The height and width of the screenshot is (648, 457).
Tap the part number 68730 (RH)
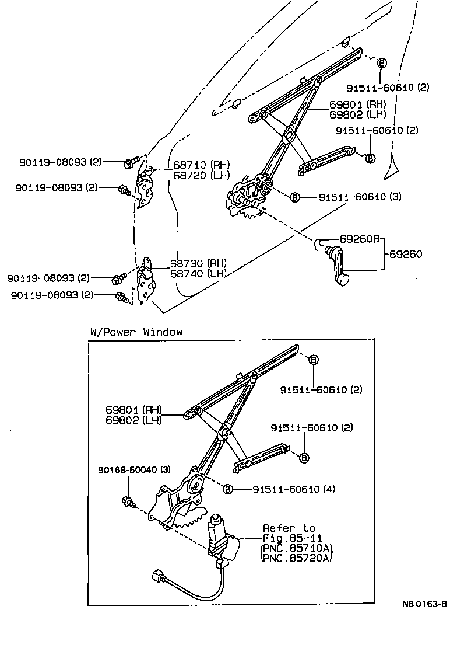(x=199, y=263)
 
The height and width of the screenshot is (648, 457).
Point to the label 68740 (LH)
(x=199, y=273)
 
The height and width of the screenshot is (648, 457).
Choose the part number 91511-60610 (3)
(x=360, y=197)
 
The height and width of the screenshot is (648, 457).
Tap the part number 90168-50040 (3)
(x=134, y=470)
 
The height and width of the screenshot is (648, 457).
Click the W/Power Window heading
(x=136, y=332)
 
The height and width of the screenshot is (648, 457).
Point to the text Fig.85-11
(x=289, y=538)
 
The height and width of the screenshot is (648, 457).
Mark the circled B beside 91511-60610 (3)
(x=295, y=198)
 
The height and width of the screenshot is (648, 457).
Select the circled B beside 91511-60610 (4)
(x=228, y=489)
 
